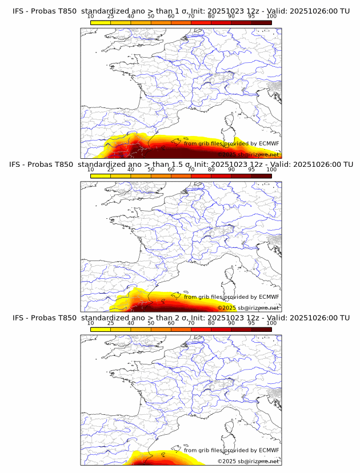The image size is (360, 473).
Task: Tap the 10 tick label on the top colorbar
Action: (91, 17)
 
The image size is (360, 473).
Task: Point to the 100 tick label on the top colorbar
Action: (271, 17)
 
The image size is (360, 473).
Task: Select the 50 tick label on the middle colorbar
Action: (151, 170)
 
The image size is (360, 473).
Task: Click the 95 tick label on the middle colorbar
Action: (251, 170)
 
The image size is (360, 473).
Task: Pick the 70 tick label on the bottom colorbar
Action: (191, 323)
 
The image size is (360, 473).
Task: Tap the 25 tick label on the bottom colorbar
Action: (111, 323)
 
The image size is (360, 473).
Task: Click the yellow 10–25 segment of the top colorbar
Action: (101, 22)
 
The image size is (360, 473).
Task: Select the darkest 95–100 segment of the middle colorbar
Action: (261, 176)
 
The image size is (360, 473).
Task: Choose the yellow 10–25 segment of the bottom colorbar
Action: (101, 329)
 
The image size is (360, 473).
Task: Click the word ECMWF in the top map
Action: (269, 144)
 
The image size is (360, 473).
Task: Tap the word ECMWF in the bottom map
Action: (269, 450)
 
